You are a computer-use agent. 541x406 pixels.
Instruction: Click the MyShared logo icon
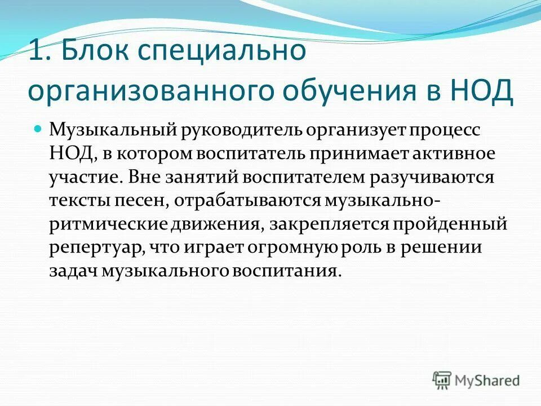[x=442, y=379]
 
